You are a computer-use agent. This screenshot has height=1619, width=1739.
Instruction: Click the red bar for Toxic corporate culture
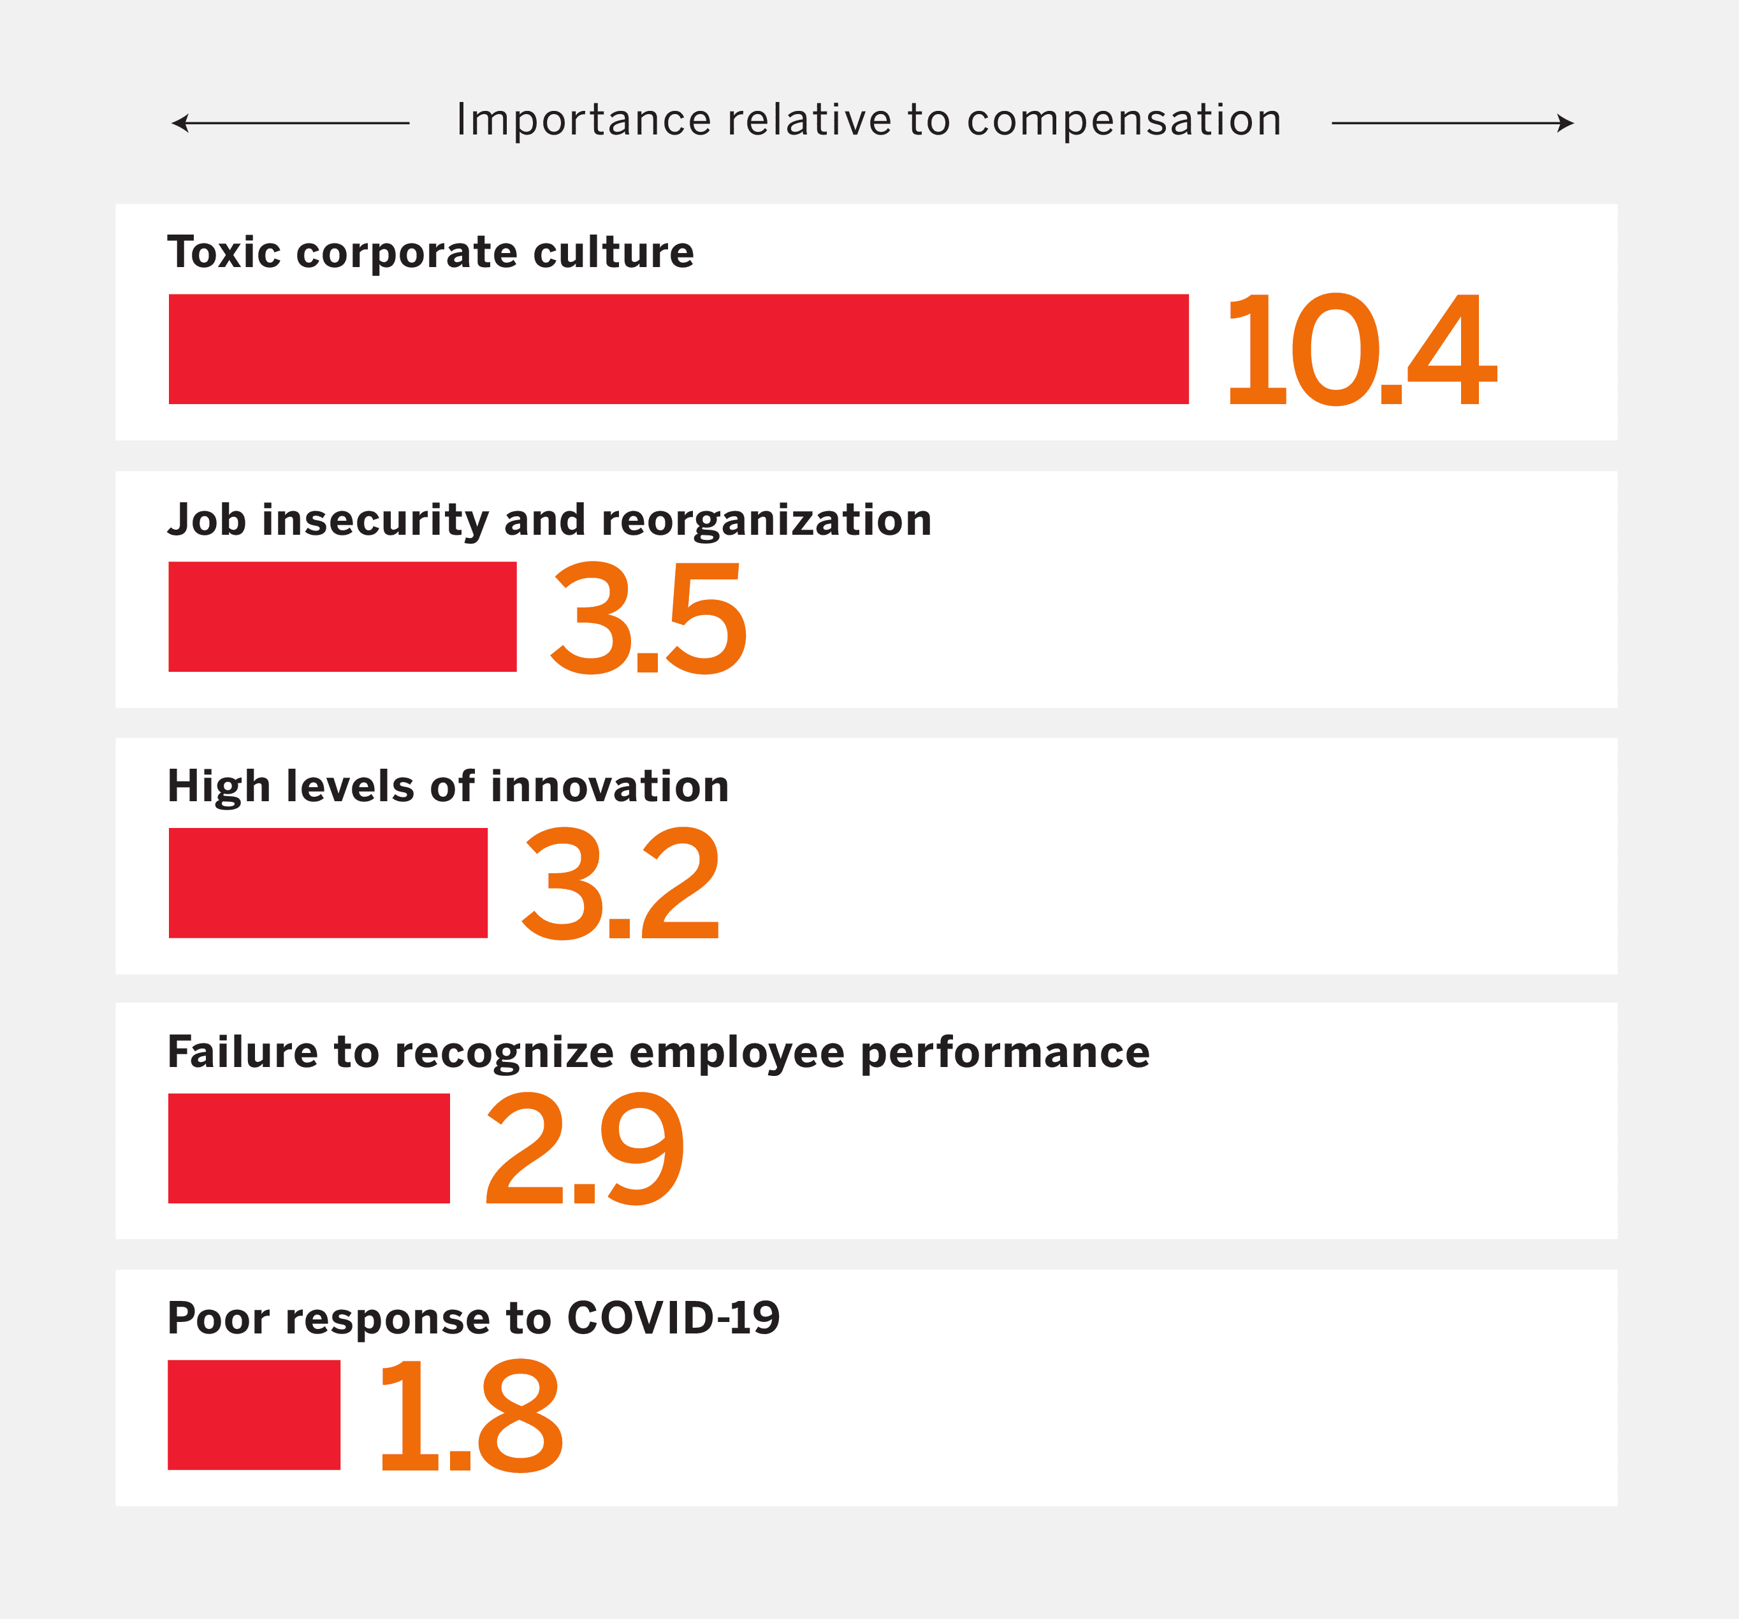(678, 349)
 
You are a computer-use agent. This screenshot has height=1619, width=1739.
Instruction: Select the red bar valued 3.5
(342, 616)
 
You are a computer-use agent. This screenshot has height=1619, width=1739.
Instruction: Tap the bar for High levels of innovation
(328, 883)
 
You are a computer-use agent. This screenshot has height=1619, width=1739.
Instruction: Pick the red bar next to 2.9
(309, 1149)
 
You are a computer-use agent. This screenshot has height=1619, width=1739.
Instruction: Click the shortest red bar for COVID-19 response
(254, 1414)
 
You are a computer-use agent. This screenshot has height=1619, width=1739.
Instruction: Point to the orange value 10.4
(1360, 350)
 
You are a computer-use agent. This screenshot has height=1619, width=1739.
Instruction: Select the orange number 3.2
(620, 884)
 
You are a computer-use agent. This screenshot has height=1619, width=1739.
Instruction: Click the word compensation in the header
(1123, 120)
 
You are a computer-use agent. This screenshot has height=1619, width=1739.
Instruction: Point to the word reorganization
(767, 520)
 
